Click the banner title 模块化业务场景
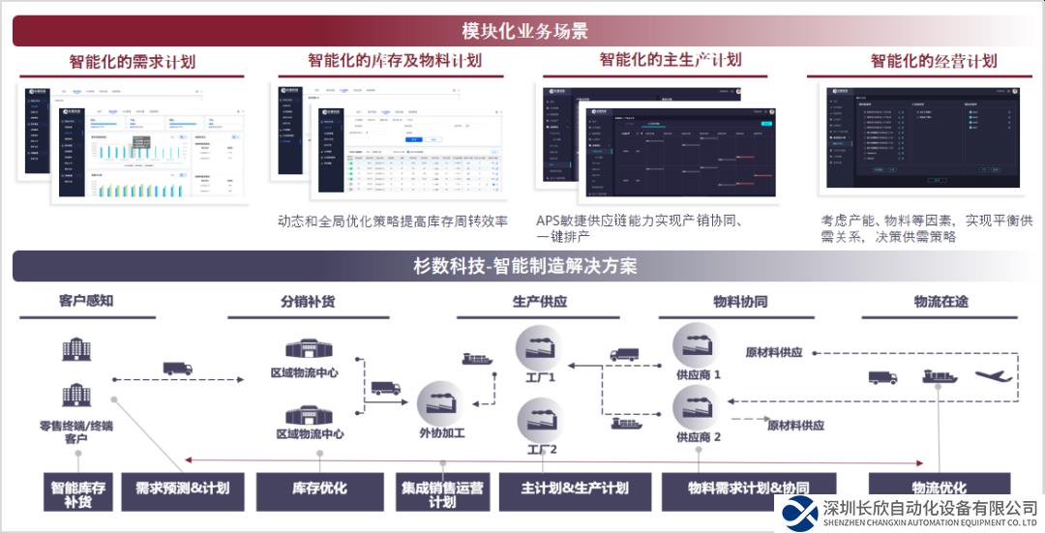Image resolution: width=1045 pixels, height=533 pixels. [524, 31]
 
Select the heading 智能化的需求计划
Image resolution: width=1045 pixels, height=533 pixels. [132, 62]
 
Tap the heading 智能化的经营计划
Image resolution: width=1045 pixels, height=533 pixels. [933, 61]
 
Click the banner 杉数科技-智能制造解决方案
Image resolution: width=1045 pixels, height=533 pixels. [524, 266]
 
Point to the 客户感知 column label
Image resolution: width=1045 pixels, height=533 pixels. [86, 301]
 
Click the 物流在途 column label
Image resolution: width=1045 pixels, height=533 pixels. [940, 301]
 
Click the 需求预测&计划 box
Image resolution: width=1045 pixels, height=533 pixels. [183, 489]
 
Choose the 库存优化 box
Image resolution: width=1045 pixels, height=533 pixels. [319, 489]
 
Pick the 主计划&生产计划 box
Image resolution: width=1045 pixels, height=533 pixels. [575, 489]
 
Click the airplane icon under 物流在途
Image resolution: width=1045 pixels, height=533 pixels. [999, 375]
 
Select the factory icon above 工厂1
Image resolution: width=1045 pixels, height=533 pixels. [539, 347]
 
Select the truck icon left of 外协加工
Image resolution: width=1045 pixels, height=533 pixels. [386, 388]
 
